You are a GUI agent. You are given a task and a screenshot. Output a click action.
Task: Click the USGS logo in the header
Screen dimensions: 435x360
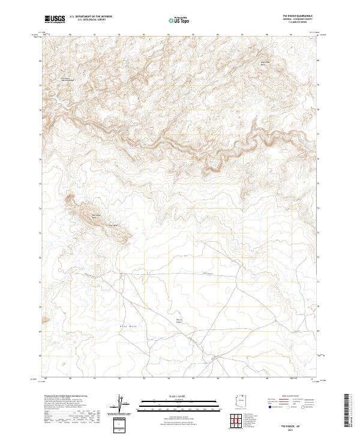(x=55, y=19)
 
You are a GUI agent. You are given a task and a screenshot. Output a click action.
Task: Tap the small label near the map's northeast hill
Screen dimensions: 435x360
(x=262, y=62)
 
